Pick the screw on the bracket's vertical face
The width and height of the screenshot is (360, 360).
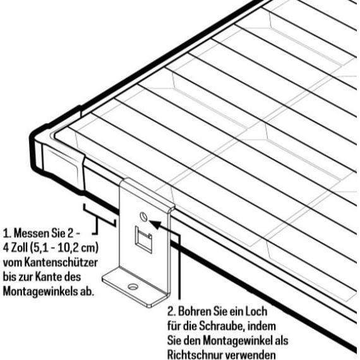pyautogui.click(x=145, y=217)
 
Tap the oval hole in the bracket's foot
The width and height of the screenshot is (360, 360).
pyautogui.click(x=132, y=287)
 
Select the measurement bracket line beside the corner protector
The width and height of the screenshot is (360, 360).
pyautogui.click(x=99, y=217)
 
